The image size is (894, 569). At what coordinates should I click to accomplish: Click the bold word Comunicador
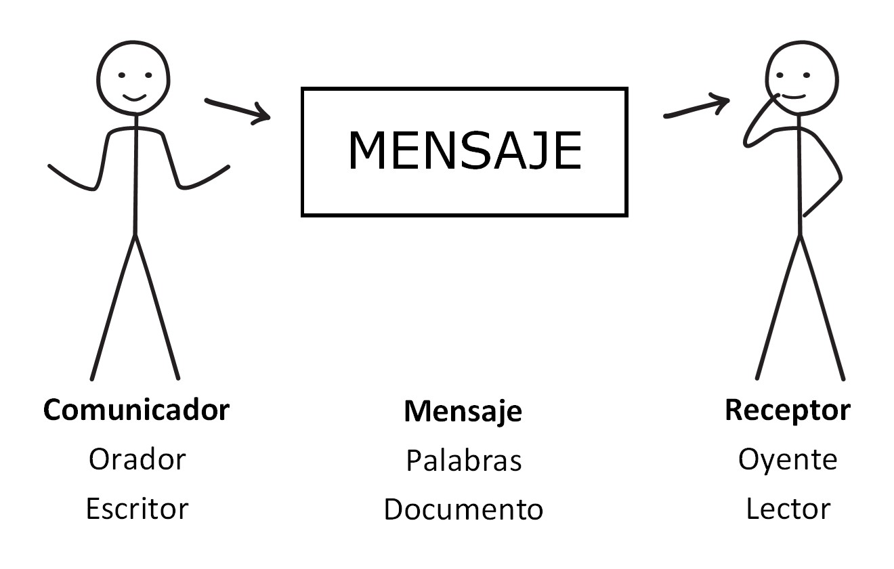(x=137, y=410)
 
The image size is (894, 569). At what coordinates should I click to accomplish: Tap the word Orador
(x=137, y=459)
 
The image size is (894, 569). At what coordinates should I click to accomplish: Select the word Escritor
(x=137, y=509)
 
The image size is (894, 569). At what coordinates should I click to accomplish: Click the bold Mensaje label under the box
(x=463, y=412)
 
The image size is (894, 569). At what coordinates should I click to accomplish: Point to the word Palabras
(x=464, y=461)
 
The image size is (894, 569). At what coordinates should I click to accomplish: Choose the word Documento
(x=463, y=509)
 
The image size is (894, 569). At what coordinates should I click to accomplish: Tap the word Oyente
(x=788, y=460)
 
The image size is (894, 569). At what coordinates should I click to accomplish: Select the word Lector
(x=788, y=509)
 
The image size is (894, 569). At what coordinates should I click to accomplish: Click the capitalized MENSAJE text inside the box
(x=465, y=150)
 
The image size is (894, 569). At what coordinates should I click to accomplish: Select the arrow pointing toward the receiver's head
(x=697, y=105)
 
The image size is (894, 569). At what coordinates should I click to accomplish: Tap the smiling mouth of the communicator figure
(x=135, y=98)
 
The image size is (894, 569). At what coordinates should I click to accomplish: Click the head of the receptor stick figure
(x=802, y=79)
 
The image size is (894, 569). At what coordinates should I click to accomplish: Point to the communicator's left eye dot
(x=122, y=75)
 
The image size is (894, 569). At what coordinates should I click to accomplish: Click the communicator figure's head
(x=133, y=79)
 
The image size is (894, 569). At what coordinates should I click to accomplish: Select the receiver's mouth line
(x=794, y=97)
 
